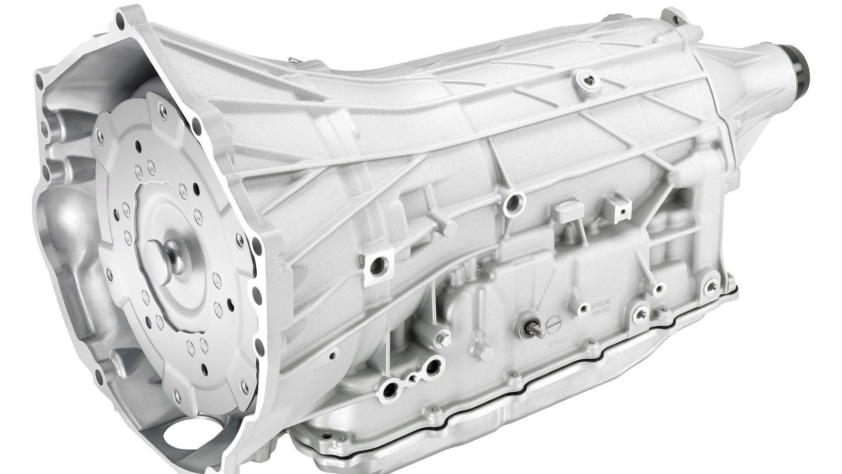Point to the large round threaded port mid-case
click(x=513, y=203)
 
